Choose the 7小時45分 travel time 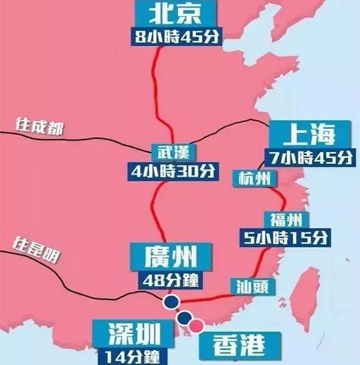[x=308, y=158]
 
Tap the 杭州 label [x=254, y=179]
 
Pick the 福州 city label [x=285, y=218]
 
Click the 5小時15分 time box [x=285, y=237]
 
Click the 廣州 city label [x=171, y=258]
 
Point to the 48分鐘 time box [x=171, y=280]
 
